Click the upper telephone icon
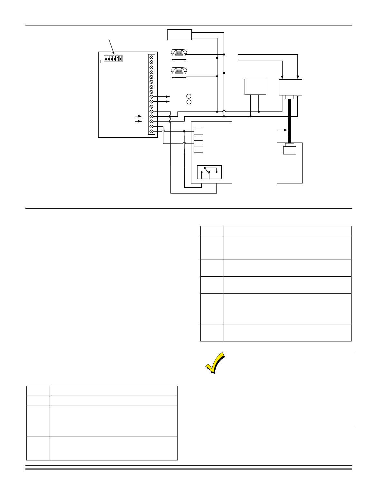click(179, 54)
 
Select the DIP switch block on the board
click(113, 58)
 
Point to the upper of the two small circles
click(189, 96)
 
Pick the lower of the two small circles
click(189, 102)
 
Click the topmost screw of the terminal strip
click(151, 57)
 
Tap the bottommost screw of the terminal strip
click(151, 132)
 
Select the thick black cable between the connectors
click(289, 121)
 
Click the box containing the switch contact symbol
click(209, 172)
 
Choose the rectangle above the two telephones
click(179, 35)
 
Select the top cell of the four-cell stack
click(198, 132)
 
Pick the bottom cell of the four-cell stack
click(198, 149)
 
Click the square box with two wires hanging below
click(256, 87)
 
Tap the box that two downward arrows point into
click(290, 87)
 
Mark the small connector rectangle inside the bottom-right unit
click(289, 150)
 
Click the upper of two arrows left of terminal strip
click(138, 116)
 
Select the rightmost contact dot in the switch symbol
click(217, 172)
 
